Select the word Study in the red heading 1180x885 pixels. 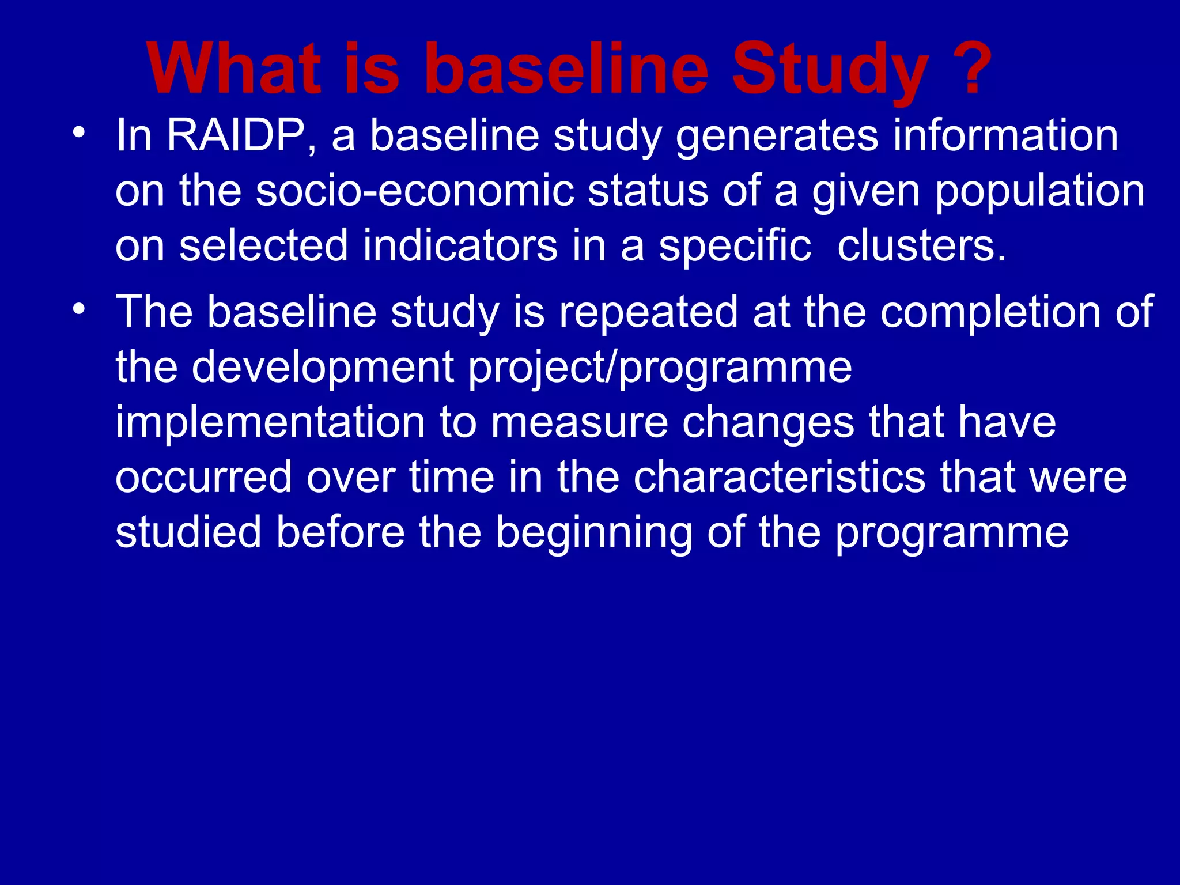tap(830, 72)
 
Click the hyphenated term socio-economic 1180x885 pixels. tap(415, 191)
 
